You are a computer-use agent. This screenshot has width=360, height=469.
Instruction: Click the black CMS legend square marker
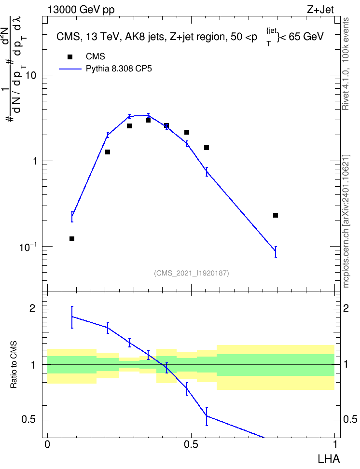click(x=70, y=57)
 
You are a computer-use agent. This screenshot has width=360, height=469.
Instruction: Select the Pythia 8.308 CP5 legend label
click(x=119, y=69)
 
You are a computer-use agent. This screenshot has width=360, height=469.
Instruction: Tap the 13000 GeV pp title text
click(x=81, y=10)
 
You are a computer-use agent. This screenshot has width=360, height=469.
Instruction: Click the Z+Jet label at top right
click(x=320, y=10)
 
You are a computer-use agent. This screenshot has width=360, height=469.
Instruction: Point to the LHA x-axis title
click(x=329, y=459)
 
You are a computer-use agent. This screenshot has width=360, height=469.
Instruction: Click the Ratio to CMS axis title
click(x=14, y=365)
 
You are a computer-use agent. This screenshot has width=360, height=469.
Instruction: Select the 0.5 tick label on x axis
click(x=191, y=444)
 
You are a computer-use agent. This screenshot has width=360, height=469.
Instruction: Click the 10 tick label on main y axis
click(x=31, y=75)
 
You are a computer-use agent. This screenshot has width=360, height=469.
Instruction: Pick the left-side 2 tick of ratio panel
click(x=32, y=308)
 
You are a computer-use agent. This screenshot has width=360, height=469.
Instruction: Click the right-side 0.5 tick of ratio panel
click(x=350, y=419)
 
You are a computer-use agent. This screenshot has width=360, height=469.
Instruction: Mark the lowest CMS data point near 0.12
click(x=72, y=239)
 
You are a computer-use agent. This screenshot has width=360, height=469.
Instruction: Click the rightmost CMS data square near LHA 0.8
click(x=276, y=215)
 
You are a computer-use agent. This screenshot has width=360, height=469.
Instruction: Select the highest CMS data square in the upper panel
click(x=148, y=120)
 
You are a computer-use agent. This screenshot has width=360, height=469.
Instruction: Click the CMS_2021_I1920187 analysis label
click(x=191, y=273)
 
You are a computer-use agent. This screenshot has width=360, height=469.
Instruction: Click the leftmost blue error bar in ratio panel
click(x=72, y=317)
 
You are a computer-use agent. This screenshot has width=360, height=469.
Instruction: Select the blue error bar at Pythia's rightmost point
click(x=276, y=251)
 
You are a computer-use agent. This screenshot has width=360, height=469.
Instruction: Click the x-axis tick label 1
click(x=335, y=444)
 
